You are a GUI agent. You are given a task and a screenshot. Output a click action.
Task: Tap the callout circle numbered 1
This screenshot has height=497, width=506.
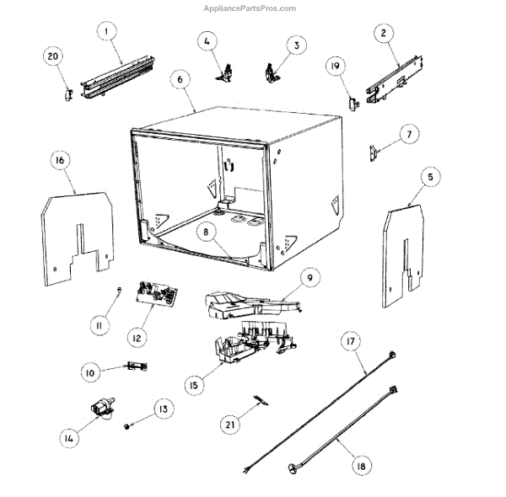click(x=106, y=33)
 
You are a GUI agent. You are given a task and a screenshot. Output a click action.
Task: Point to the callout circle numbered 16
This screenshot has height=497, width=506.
click(x=60, y=161)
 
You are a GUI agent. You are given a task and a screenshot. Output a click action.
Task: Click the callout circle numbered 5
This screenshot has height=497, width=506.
click(x=431, y=177)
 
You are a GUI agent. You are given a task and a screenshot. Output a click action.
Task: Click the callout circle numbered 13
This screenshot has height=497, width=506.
click(x=162, y=409)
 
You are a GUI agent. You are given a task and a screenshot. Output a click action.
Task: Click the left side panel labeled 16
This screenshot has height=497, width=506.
click(x=76, y=232)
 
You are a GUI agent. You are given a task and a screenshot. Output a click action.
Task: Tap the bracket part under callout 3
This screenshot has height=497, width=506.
click(x=271, y=74)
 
